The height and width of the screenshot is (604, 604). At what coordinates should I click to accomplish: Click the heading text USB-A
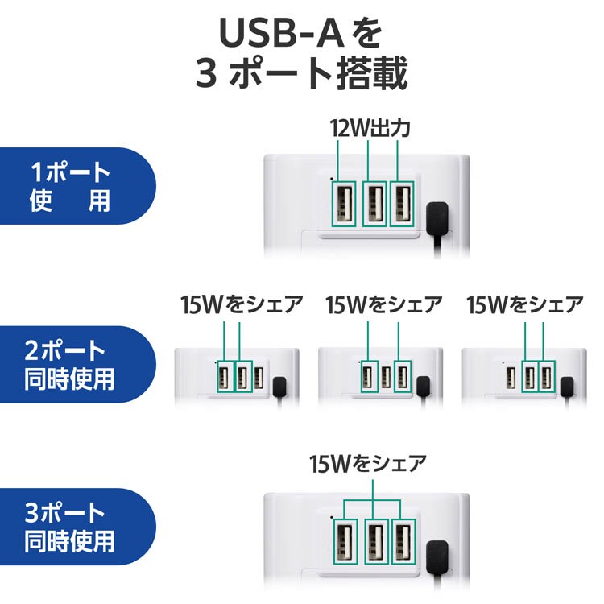click(x=281, y=33)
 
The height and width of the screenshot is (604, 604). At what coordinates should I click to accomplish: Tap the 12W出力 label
click(x=370, y=128)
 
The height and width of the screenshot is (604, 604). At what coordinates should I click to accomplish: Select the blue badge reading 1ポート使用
click(x=78, y=186)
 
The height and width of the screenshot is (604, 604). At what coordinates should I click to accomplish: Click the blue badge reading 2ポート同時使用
click(x=78, y=364)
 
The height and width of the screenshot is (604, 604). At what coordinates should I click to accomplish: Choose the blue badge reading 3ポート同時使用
click(x=78, y=527)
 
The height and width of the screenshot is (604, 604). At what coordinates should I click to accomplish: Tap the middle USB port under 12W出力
click(x=375, y=204)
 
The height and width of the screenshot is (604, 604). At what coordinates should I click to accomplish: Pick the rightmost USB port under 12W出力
click(x=403, y=204)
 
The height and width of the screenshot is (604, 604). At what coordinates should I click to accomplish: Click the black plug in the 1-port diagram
click(x=437, y=217)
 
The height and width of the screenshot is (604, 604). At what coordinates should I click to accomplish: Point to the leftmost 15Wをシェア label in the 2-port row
click(x=242, y=304)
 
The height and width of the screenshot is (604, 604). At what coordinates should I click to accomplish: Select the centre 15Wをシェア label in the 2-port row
click(x=384, y=304)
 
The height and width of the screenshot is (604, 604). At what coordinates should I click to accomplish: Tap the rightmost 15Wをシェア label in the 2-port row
click(x=525, y=304)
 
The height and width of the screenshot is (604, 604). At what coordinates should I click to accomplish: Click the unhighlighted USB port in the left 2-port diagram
click(x=259, y=378)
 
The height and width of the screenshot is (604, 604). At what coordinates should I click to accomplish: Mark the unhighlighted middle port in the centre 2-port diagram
click(x=386, y=377)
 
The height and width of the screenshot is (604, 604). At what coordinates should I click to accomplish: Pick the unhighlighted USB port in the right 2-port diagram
click(x=511, y=378)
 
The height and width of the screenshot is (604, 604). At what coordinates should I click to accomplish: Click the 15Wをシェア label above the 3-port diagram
click(x=368, y=464)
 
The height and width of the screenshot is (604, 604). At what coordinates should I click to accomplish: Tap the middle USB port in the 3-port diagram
click(x=376, y=542)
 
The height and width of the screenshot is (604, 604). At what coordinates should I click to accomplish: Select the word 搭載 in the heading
click(x=372, y=72)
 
